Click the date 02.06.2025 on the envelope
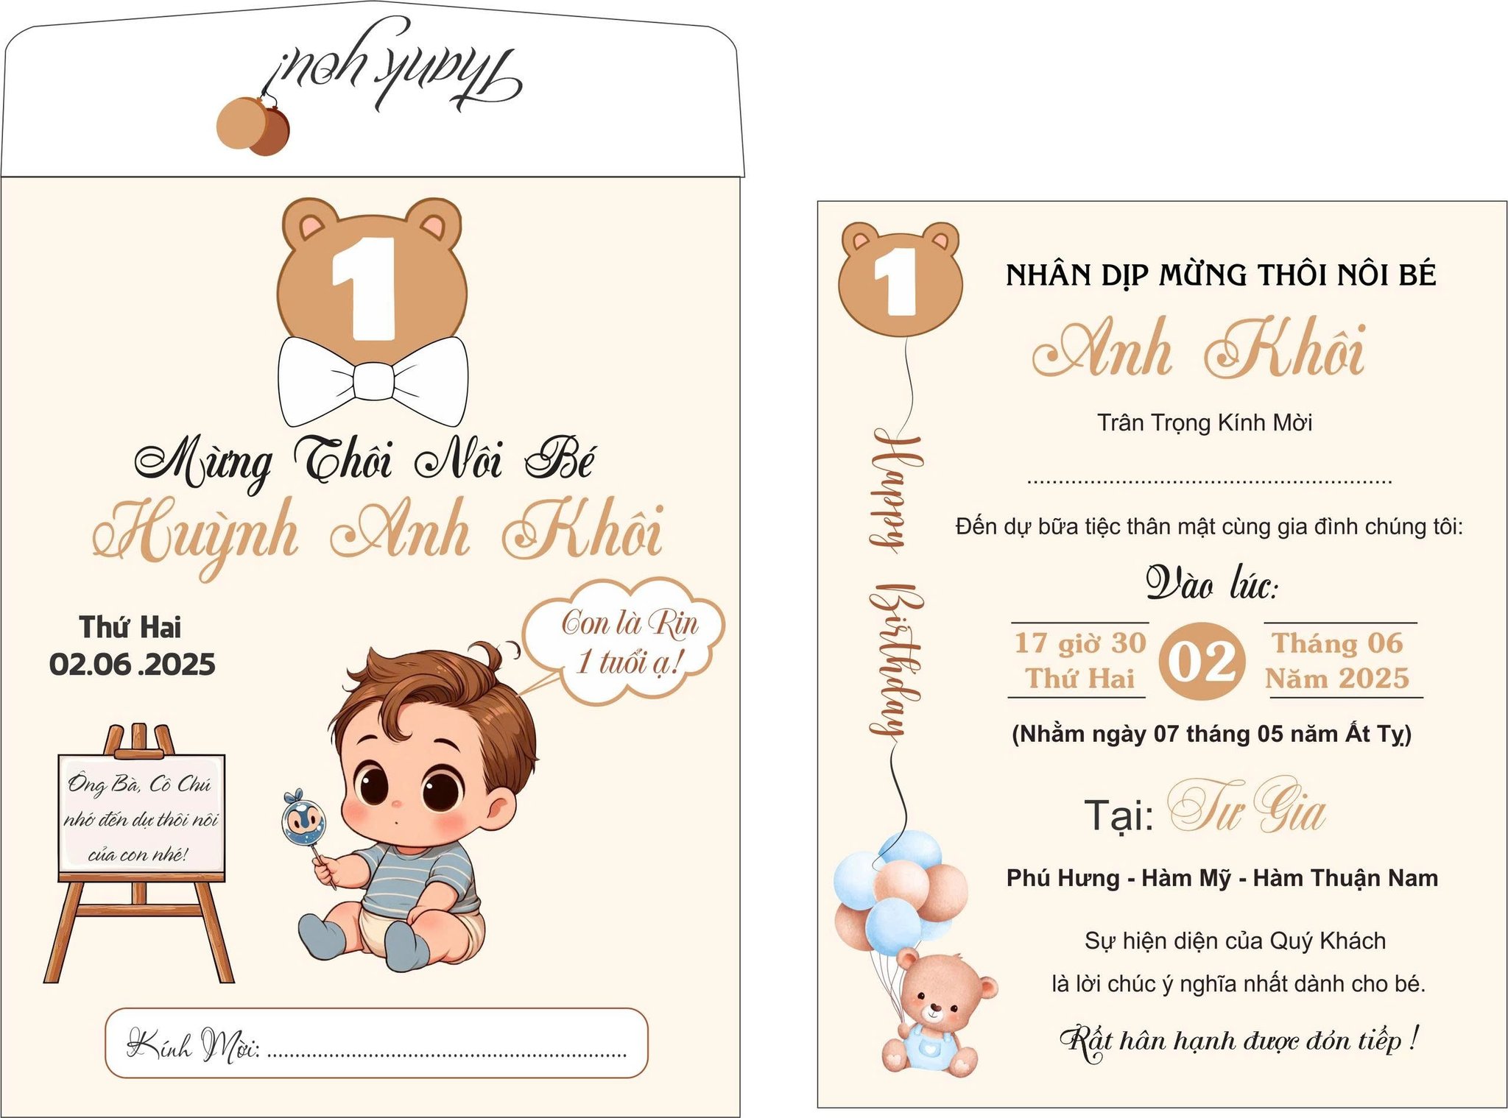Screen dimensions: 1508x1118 133,665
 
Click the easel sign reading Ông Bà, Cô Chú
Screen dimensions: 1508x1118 141,818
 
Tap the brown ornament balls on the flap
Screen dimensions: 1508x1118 253,127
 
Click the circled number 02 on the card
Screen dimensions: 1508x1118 1202,661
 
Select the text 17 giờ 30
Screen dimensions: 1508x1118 1080,643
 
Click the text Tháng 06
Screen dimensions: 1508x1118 1337,643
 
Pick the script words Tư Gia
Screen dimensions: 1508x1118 1247,807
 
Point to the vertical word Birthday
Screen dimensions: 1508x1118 895,660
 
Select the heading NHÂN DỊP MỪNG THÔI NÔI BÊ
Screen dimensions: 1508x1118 1221,275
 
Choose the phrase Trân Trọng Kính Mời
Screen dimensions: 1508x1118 1205,423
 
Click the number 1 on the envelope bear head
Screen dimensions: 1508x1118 364,289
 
